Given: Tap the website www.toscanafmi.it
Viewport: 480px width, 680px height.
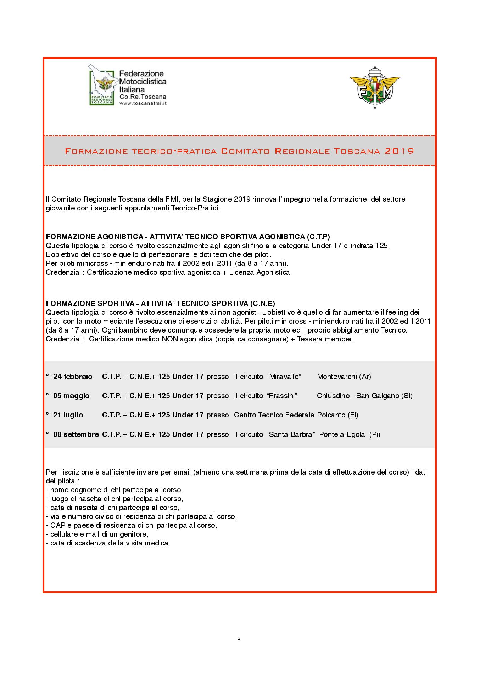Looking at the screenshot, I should click(x=143, y=103).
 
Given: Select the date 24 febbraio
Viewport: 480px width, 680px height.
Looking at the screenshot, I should click(x=73, y=377).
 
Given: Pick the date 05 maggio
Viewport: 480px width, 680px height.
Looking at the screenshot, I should click(x=71, y=396).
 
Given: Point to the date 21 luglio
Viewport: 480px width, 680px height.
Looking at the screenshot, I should click(x=68, y=415).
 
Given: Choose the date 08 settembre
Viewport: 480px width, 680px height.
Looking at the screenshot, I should click(x=76, y=434).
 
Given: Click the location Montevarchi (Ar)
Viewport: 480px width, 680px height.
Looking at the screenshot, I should click(x=344, y=377).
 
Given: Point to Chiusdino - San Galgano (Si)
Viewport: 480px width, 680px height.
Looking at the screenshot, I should click(x=364, y=396).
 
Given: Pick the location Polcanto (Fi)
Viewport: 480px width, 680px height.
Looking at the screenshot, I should click(x=337, y=415).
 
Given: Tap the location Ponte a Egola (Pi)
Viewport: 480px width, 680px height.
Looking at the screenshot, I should click(x=350, y=434).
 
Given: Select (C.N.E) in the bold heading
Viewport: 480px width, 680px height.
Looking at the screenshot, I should click(x=262, y=303).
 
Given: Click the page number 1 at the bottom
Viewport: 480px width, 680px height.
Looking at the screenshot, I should click(x=239, y=641).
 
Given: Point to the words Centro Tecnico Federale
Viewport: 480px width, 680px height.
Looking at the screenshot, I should click(x=274, y=415).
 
